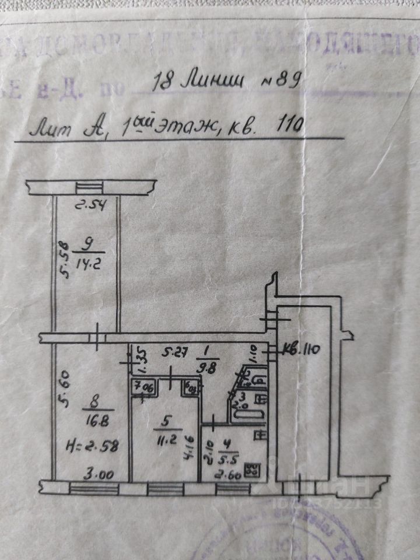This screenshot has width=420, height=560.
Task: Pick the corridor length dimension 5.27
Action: (x=173, y=352)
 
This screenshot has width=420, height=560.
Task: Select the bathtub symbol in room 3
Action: (x=249, y=415)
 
